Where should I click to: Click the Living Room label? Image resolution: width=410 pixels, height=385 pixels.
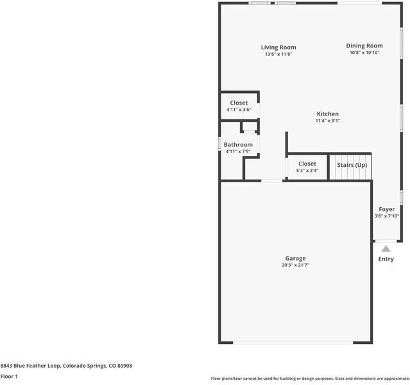tap(278, 47)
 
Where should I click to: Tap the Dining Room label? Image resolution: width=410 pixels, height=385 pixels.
tap(364, 46)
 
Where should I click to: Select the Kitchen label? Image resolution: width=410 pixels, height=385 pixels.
tap(327, 114)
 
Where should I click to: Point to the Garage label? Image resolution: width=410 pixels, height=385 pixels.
tap(296, 259)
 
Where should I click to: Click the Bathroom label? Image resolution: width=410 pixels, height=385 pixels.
tap(238, 145)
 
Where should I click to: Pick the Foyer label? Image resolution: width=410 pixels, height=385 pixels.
tap(387, 209)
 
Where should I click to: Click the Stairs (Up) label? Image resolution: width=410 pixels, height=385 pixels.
tap(352, 165)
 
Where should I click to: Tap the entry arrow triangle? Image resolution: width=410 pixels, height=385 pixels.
tap(386, 249)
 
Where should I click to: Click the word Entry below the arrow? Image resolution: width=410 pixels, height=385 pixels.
tap(386, 259)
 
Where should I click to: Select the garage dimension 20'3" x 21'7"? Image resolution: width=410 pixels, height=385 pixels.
tap(296, 266)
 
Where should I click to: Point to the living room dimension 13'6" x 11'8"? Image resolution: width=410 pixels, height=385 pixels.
tap(278, 55)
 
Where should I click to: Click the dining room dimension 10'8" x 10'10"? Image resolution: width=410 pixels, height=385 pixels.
tap(364, 53)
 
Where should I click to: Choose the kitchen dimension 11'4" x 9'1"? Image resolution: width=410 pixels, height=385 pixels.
tap(327, 121)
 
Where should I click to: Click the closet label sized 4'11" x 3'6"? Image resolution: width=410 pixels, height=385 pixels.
tap(239, 103)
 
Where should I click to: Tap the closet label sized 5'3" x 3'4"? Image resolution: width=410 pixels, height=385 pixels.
tap(307, 164)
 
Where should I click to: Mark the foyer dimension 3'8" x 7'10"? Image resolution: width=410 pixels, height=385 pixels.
tap(387, 216)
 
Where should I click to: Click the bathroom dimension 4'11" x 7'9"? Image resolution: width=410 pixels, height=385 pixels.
tap(238, 151)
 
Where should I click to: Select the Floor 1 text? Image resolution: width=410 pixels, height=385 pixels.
tap(9, 376)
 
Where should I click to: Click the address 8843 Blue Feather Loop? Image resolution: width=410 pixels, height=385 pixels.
tap(66, 366)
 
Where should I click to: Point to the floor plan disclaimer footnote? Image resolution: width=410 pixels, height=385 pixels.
tap(310, 379)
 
